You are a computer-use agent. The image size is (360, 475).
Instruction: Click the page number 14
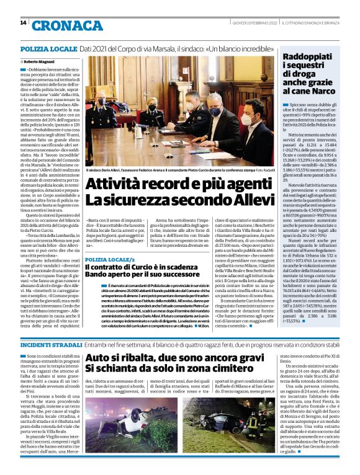[23, 23]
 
